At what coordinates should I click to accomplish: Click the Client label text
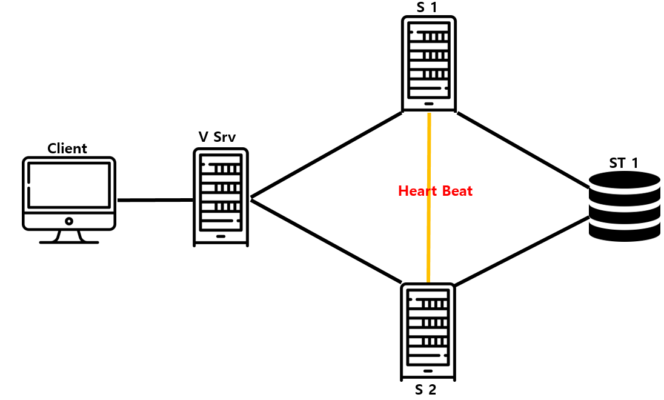click(67, 148)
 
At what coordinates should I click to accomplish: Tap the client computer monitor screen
click(68, 184)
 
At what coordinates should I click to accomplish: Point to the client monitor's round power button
click(68, 221)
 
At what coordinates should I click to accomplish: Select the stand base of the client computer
click(68, 242)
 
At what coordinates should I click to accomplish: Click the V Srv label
click(217, 137)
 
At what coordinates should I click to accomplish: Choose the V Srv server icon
click(221, 197)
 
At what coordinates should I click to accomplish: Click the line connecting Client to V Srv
click(155, 200)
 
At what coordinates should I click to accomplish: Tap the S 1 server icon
click(428, 64)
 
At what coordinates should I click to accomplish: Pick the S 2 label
click(425, 390)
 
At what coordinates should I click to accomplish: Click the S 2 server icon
click(428, 331)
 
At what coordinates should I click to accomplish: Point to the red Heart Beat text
click(435, 191)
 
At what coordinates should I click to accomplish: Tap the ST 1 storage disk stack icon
click(625, 206)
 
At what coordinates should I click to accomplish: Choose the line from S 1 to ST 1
click(524, 148)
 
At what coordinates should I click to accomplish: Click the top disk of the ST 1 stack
click(625, 181)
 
